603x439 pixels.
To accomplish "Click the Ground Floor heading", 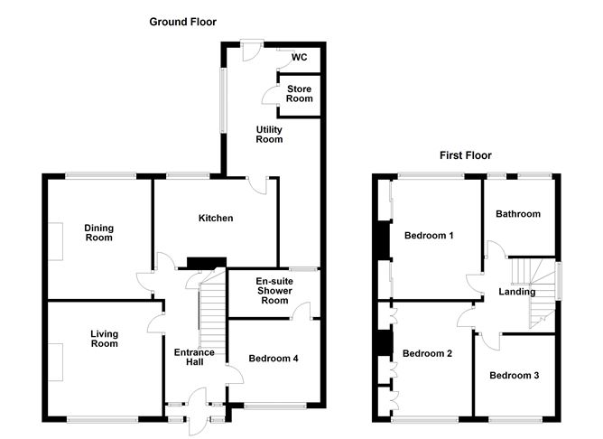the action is pos(182,22).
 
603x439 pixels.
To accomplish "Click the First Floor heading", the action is pos(466,155).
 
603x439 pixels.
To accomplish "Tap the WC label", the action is pos(299,57).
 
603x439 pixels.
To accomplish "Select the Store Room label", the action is pos(299,94).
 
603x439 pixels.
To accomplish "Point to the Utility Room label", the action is pos(269,135).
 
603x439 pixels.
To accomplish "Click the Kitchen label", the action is pos(216,219).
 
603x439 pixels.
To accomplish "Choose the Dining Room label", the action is pos(98,233).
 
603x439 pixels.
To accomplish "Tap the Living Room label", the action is pos(104,339).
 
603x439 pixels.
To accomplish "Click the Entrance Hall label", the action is pos(194,357).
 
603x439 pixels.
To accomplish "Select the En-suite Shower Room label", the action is pos(274,291).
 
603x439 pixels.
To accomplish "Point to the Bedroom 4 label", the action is pos(274,359).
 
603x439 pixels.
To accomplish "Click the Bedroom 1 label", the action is pos(429,235).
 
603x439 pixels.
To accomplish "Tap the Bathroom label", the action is pos(518,214).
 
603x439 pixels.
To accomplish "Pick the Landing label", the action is pos(517,292).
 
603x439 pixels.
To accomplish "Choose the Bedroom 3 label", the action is pos(515,375).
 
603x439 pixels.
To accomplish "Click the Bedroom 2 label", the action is pos(427,353).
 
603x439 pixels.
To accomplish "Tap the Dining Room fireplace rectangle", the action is pos(55,241).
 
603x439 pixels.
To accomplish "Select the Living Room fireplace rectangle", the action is pos(55,362).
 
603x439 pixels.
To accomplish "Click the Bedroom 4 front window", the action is pos(275,406).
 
